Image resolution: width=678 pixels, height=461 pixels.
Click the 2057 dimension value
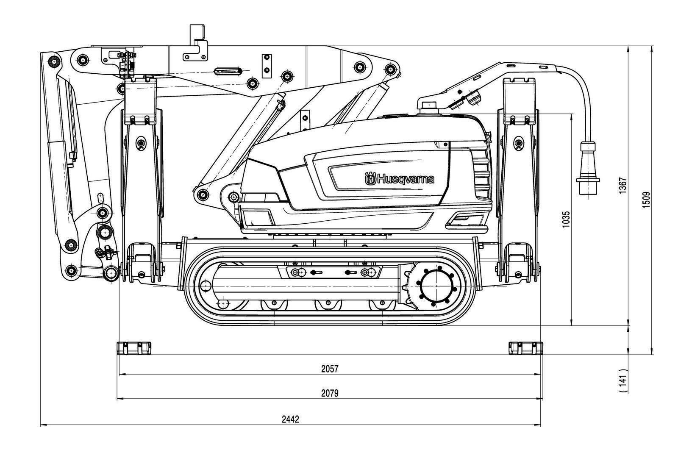(330, 369)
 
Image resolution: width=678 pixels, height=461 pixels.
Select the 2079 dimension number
(330, 394)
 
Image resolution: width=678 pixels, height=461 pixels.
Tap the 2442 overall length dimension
(291, 419)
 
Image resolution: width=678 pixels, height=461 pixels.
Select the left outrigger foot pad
(133, 348)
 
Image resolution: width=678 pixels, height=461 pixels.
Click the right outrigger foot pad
(525, 348)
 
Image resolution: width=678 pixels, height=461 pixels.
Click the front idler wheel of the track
(206, 286)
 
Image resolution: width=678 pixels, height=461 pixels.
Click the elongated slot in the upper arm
(228, 70)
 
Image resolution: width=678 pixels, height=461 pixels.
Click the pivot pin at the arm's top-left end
(53, 61)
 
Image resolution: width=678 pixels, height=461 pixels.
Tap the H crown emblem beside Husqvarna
(370, 179)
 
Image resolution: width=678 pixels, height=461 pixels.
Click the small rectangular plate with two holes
(267, 66)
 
